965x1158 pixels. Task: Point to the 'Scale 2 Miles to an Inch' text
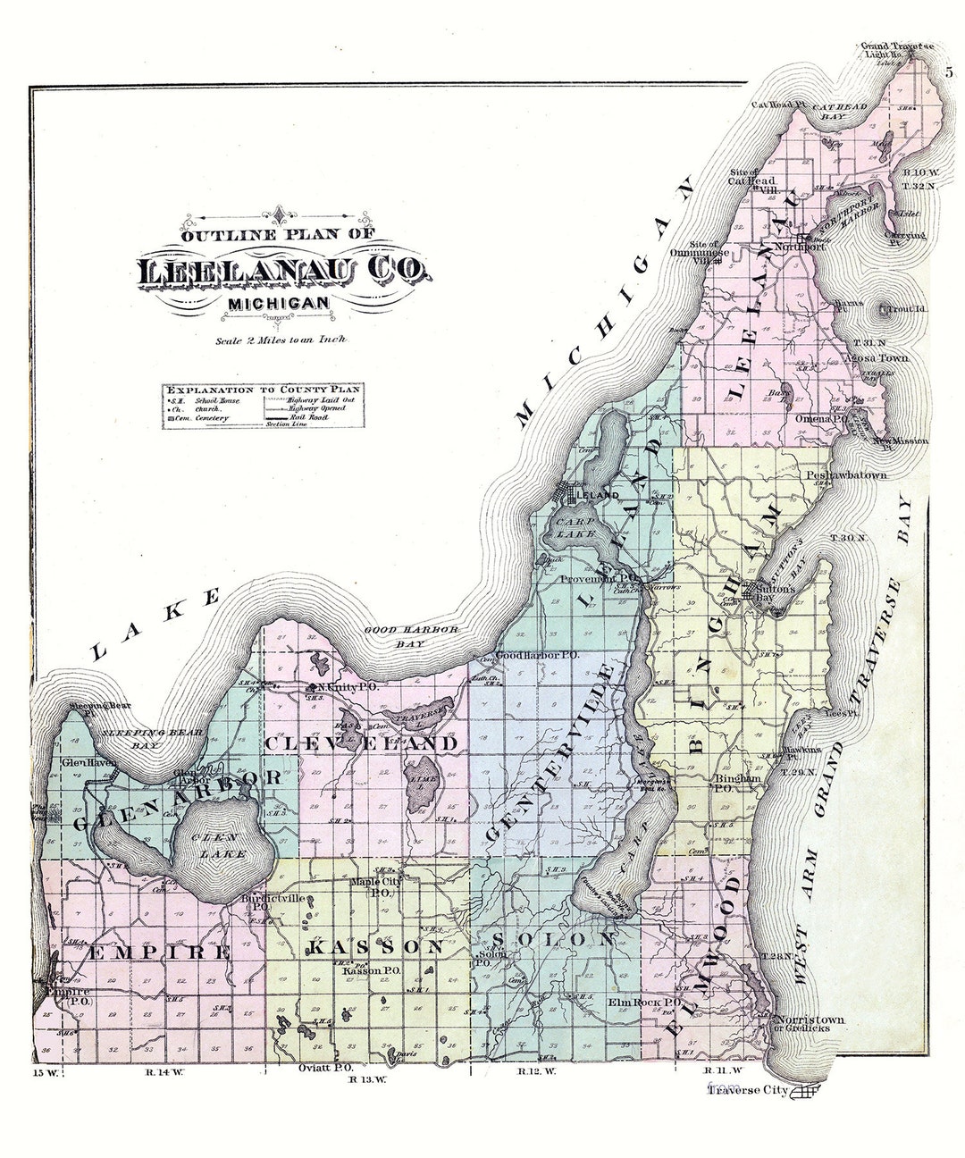(x=281, y=340)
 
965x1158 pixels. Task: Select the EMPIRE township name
(x=159, y=952)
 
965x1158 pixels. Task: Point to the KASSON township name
(x=375, y=946)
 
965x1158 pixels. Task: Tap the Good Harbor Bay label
(x=411, y=635)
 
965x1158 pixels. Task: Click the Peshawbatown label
(x=845, y=476)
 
